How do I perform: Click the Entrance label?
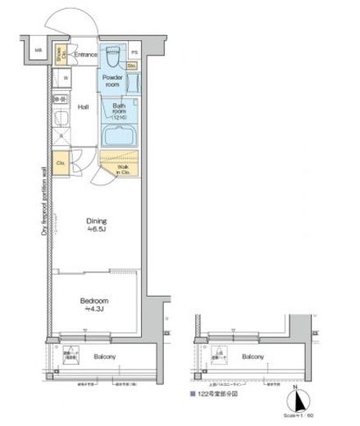click(86, 55)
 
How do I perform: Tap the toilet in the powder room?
click(113, 57)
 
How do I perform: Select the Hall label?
click(84, 107)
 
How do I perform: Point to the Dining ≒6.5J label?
click(98, 225)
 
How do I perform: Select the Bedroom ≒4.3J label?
click(95, 304)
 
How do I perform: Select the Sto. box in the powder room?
click(131, 64)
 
